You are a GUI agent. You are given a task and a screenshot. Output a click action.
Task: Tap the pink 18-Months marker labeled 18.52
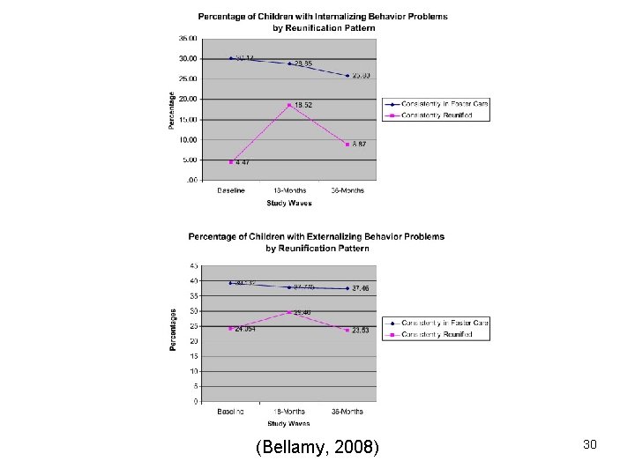(x=289, y=105)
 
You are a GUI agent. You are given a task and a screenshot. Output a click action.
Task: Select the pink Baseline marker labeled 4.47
(x=231, y=162)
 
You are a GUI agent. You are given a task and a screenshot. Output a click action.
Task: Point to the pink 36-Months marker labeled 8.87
(x=347, y=145)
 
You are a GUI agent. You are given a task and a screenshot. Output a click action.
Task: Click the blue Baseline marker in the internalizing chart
(x=231, y=58)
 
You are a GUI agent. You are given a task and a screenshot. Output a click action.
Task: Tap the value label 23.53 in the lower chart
(x=359, y=331)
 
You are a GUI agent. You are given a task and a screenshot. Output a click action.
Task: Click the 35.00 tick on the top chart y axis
(x=188, y=38)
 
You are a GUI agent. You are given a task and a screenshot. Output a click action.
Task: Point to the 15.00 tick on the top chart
(x=188, y=119)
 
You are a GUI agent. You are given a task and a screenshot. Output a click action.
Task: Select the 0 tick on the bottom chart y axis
(x=196, y=401)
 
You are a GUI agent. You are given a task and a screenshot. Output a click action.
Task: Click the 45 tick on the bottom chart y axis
(x=194, y=265)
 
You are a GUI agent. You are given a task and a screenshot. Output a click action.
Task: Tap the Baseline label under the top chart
(x=231, y=190)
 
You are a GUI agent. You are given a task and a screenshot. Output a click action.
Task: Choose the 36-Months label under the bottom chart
(x=347, y=412)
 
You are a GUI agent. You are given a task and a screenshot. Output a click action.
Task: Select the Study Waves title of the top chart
(x=289, y=203)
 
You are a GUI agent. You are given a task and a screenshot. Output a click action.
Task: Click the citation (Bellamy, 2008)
(x=317, y=449)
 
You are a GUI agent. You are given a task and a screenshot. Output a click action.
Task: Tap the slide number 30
(x=589, y=445)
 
